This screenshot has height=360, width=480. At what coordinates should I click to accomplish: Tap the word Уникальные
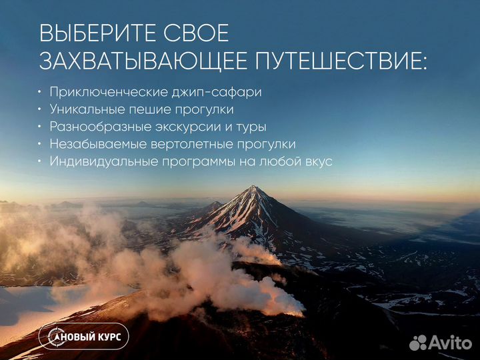point(82,109)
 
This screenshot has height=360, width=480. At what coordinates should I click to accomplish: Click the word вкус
point(317,161)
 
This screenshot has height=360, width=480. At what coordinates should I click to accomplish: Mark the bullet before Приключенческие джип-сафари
point(40,92)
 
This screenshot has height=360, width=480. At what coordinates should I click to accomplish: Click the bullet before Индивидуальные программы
point(40,161)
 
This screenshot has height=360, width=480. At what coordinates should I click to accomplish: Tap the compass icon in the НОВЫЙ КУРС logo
point(53,337)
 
